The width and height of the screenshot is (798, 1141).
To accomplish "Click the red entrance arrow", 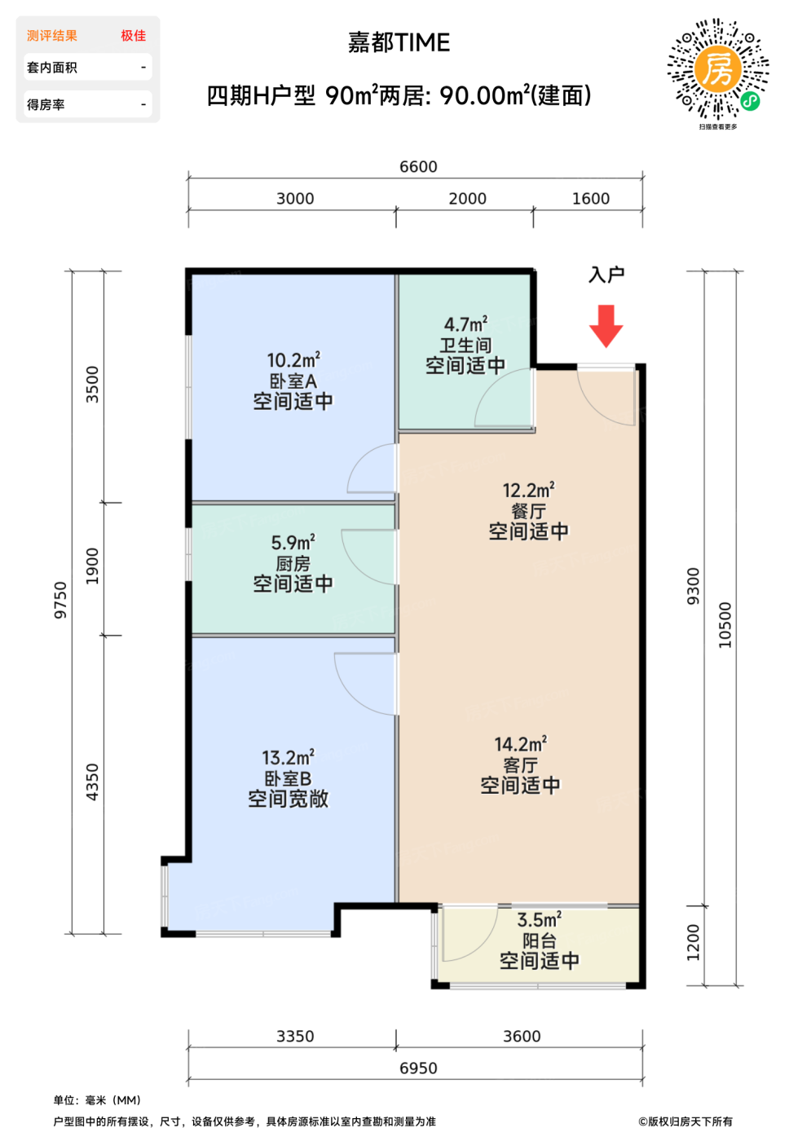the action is click(606, 326).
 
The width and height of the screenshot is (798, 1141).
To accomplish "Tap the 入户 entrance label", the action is click(606, 275).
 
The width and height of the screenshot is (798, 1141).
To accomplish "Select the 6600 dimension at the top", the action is click(418, 166).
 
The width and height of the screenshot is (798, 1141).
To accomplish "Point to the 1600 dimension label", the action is click(591, 198).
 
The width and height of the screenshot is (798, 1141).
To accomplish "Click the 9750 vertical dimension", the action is click(60, 600).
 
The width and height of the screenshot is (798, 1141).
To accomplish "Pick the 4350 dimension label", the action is click(92, 782).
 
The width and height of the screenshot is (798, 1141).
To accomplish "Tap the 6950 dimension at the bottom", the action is click(418, 1068).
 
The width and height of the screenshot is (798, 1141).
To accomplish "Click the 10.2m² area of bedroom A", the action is click(293, 359).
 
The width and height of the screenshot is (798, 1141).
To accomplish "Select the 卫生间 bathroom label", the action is click(465, 346).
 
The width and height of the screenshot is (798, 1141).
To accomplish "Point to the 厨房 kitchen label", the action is click(293, 563).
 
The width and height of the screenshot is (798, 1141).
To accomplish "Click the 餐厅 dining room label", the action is click(528, 511).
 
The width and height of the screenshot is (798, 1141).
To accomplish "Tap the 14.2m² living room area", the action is click(520, 744).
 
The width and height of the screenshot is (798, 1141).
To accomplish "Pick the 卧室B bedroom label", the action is click(288, 778).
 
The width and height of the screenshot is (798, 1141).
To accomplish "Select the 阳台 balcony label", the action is click(539, 941).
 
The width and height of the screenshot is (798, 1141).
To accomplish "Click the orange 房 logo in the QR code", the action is click(717, 68).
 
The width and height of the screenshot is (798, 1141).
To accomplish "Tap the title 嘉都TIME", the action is click(399, 42).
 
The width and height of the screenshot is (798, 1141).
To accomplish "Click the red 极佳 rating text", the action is click(134, 36).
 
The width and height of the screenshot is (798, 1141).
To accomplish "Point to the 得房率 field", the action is click(46, 105).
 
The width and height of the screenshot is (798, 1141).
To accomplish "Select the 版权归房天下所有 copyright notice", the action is click(686, 1121).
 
